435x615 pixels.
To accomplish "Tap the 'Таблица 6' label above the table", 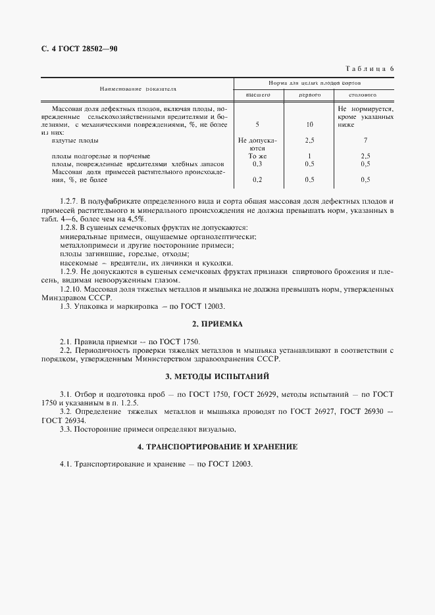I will pos(369,68).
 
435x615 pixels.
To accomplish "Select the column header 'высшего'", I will pos(258,95).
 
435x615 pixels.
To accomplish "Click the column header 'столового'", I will pos(365,95).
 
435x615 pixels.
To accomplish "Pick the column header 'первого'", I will pos(309,95).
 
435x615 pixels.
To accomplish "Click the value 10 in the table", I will pos(309,124).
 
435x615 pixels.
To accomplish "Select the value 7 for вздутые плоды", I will pos(365,140).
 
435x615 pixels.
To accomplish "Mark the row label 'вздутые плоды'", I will pos(74,140).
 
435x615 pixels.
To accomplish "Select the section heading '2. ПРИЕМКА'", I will pos(217,324).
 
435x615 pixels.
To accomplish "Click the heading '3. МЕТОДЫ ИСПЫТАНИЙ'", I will pos(217,376).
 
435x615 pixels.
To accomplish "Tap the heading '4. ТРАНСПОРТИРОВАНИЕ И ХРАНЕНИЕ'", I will pos(217,447).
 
